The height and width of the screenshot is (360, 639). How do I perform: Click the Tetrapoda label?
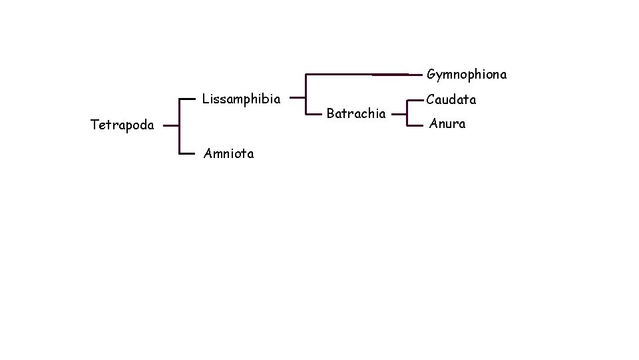122,125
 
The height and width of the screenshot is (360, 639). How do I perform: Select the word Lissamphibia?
241,99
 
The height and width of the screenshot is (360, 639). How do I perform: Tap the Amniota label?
228,154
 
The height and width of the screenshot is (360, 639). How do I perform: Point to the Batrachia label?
356,113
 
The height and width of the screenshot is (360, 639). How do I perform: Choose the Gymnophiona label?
467,74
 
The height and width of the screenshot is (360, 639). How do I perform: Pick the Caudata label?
451,100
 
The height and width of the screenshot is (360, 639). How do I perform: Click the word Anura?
447,123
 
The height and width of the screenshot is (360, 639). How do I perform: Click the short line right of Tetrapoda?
171,125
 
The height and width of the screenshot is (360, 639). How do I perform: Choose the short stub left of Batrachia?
314,114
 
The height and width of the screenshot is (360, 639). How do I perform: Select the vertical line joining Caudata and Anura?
407,112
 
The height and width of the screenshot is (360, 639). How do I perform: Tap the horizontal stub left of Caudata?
415,100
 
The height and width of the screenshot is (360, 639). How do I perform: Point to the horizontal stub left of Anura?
415,124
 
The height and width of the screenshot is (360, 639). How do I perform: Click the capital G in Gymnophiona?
431,74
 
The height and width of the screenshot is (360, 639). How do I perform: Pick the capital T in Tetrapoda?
94,124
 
